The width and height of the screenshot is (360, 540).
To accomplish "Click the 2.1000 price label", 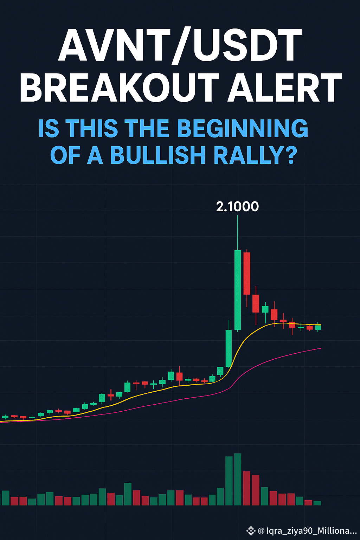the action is pyautogui.click(x=237, y=207).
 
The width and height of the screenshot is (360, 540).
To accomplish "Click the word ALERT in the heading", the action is pyautogui.click(x=284, y=87).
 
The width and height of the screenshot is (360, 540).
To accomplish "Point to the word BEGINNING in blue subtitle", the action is pyautogui.click(x=243, y=128).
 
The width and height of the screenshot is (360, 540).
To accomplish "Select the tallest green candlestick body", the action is pyautogui.click(x=238, y=290).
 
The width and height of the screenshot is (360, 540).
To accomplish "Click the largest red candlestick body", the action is pyautogui.click(x=247, y=274).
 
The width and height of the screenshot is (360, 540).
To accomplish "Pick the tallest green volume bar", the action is pyautogui.click(x=238, y=479).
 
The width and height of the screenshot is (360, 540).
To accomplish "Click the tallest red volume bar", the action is pyautogui.click(x=246, y=488).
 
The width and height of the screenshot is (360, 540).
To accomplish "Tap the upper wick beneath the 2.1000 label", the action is pyautogui.click(x=238, y=233).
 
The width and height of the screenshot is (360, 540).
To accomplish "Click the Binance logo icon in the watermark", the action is pyautogui.click(x=251, y=531).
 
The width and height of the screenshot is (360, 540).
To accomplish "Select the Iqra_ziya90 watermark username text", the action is pyautogui.click(x=307, y=531).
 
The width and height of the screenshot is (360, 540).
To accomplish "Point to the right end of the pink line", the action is pyautogui.click(x=321, y=348).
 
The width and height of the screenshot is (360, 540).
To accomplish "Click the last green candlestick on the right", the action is pyautogui.click(x=318, y=327).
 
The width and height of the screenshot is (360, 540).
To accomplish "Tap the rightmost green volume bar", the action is pyautogui.click(x=317, y=503).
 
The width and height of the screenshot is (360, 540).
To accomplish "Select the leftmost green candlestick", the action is pyautogui.click(x=5, y=417).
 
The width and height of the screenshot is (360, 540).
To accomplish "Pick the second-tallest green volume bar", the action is pyautogui.click(x=229, y=481).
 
